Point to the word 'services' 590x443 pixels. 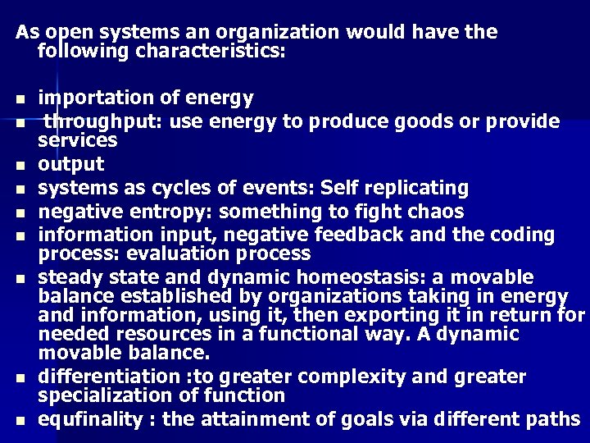click(x=78, y=140)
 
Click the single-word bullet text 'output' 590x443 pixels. click(x=71, y=164)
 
